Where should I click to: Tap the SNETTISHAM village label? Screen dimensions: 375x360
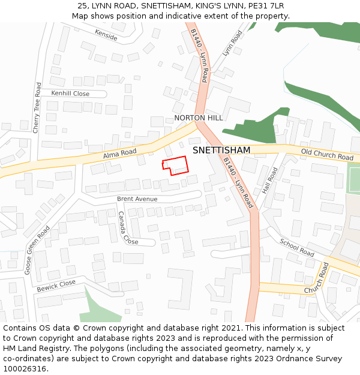click(221, 150)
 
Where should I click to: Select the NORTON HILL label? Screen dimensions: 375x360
click(198, 118)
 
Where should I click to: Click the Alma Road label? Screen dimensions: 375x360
click(120, 154)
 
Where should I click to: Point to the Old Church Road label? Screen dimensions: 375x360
click(327, 155)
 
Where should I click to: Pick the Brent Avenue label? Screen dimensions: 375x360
click(137, 199)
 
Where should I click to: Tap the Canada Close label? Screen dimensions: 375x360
click(128, 228)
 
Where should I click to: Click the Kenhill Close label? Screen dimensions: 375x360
click(70, 94)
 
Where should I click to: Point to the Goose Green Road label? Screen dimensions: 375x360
click(37, 250)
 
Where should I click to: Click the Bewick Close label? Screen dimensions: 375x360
click(56, 286)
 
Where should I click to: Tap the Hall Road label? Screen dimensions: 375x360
click(270, 180)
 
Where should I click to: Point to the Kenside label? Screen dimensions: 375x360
click(106, 35)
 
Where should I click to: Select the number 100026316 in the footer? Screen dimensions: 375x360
click(26, 369)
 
